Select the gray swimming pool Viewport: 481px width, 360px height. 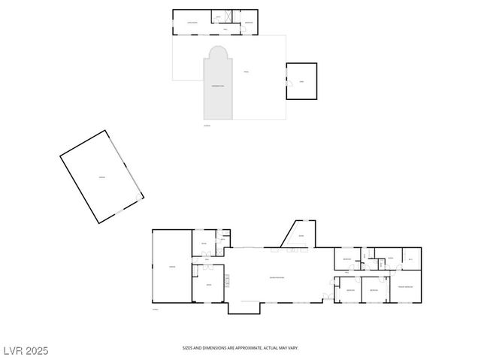click(x=217, y=90)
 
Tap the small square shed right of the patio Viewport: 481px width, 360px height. click(x=302, y=80)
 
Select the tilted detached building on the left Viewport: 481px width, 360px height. click(x=102, y=177)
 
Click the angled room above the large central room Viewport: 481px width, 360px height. click(x=300, y=235)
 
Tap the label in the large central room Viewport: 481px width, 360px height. click(x=277, y=278)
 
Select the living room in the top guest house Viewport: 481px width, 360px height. click(x=192, y=23)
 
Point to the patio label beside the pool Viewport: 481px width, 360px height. click(x=246, y=72)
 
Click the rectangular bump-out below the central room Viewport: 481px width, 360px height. click(x=244, y=307)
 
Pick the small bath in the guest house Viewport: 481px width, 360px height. click(x=219, y=17)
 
